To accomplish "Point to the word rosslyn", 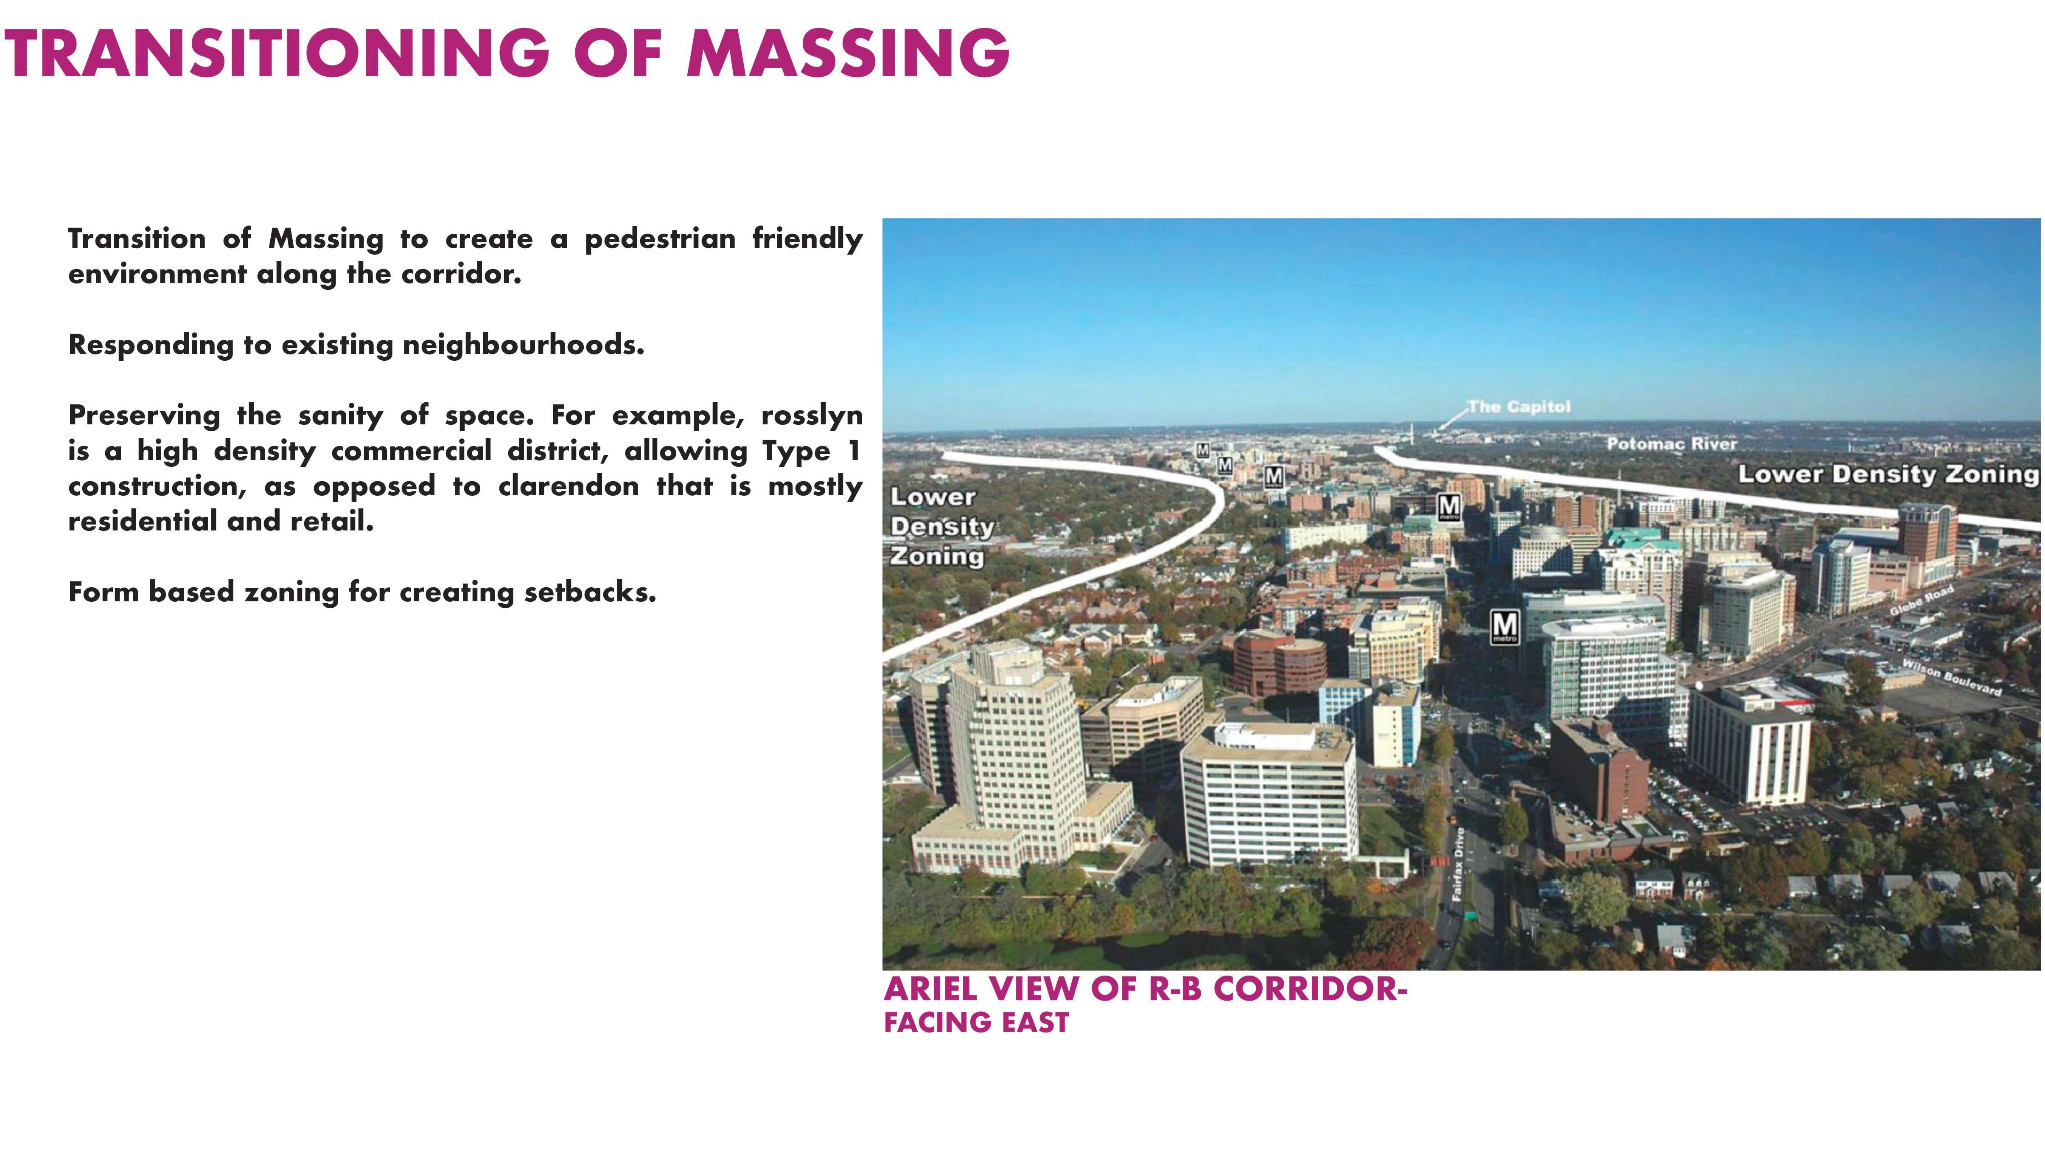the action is (x=811, y=415).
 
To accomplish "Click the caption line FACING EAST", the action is (x=976, y=1023).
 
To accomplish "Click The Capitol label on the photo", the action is (x=1518, y=407).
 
